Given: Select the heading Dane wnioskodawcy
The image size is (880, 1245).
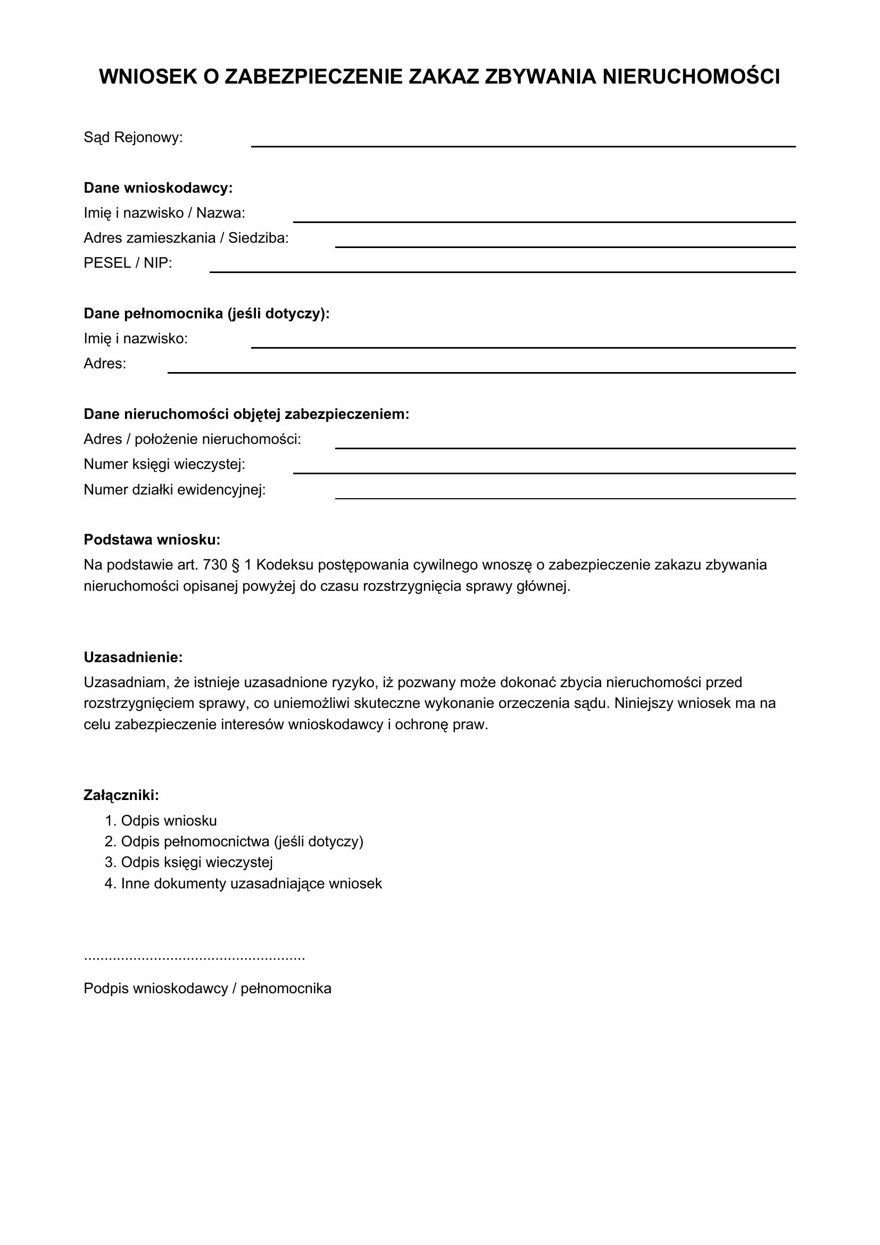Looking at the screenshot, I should pyautogui.click(x=158, y=188).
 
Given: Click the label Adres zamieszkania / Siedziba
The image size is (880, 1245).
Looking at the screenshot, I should pyautogui.click(x=186, y=238).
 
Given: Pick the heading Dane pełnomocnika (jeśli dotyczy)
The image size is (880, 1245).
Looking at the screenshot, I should pyautogui.click(x=206, y=314).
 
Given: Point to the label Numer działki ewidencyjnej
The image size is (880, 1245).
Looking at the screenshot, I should pyautogui.click(x=175, y=490).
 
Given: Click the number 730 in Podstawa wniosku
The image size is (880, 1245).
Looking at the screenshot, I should pyautogui.click(x=214, y=565).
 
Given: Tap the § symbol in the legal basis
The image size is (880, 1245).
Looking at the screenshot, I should pyautogui.click(x=235, y=565).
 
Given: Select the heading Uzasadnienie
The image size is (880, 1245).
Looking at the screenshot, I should pyautogui.click(x=134, y=657).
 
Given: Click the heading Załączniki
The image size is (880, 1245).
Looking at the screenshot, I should pyautogui.click(x=121, y=795).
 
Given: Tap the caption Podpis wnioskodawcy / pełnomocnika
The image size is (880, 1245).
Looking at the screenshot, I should pyautogui.click(x=207, y=988).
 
